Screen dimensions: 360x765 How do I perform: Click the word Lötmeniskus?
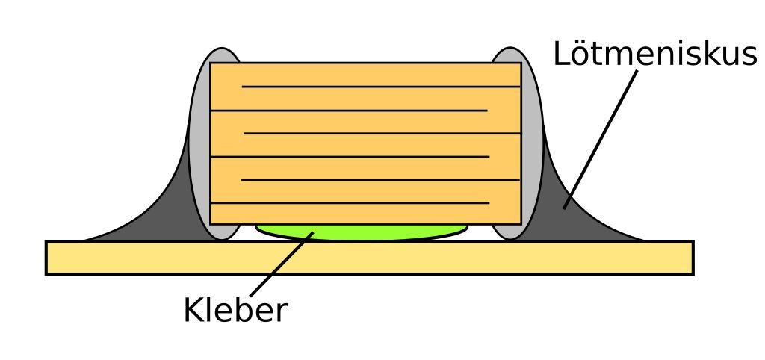[x=655, y=55]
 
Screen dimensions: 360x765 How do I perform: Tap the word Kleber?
[x=235, y=311]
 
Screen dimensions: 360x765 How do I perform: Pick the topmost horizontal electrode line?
[x=381, y=87]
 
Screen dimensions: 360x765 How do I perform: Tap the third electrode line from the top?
[x=382, y=133]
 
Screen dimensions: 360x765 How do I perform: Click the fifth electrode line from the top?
[x=381, y=180]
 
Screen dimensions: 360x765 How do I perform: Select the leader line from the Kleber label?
[x=280, y=265]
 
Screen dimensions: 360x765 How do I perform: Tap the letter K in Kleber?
[x=192, y=311]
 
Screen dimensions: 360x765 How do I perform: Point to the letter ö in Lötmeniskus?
[x=580, y=55]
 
